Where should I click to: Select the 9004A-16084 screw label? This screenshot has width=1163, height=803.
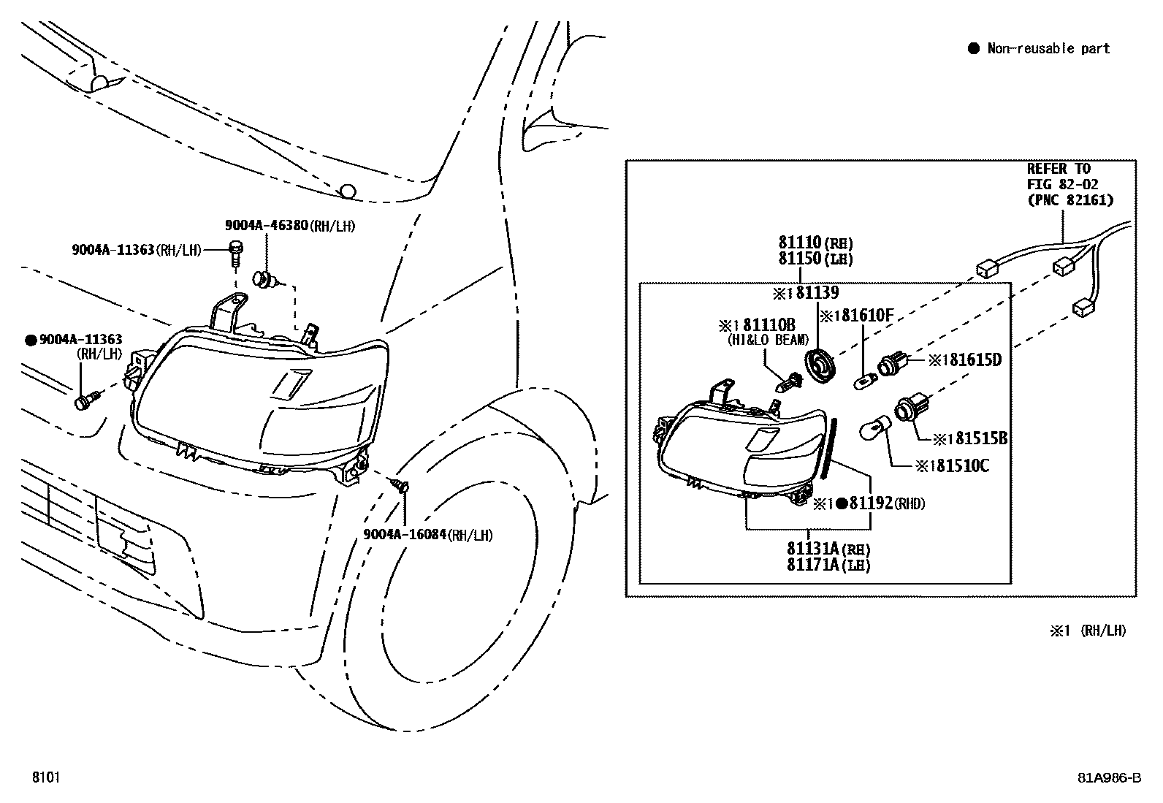pos(404,536)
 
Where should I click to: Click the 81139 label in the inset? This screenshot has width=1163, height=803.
pos(817,293)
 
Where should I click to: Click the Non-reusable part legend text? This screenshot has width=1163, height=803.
pos(1048,49)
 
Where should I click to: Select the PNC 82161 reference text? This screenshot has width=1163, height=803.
pos(1070,200)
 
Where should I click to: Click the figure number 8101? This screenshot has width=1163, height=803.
pos(45,777)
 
